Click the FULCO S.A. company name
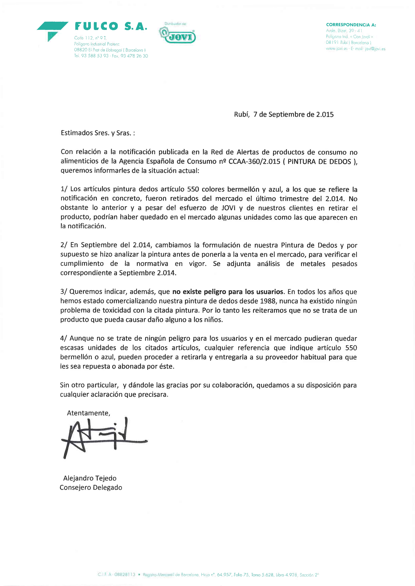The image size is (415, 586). tap(111, 26)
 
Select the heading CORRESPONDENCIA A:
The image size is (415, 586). tap(351, 25)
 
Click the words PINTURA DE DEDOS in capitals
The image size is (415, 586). tap(319, 162)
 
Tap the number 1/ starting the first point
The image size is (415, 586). tap(64, 189)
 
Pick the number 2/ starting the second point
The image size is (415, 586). tap(64, 245)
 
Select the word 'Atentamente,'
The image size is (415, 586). tap(88, 413)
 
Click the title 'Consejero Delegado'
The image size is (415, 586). tap(91, 487)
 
